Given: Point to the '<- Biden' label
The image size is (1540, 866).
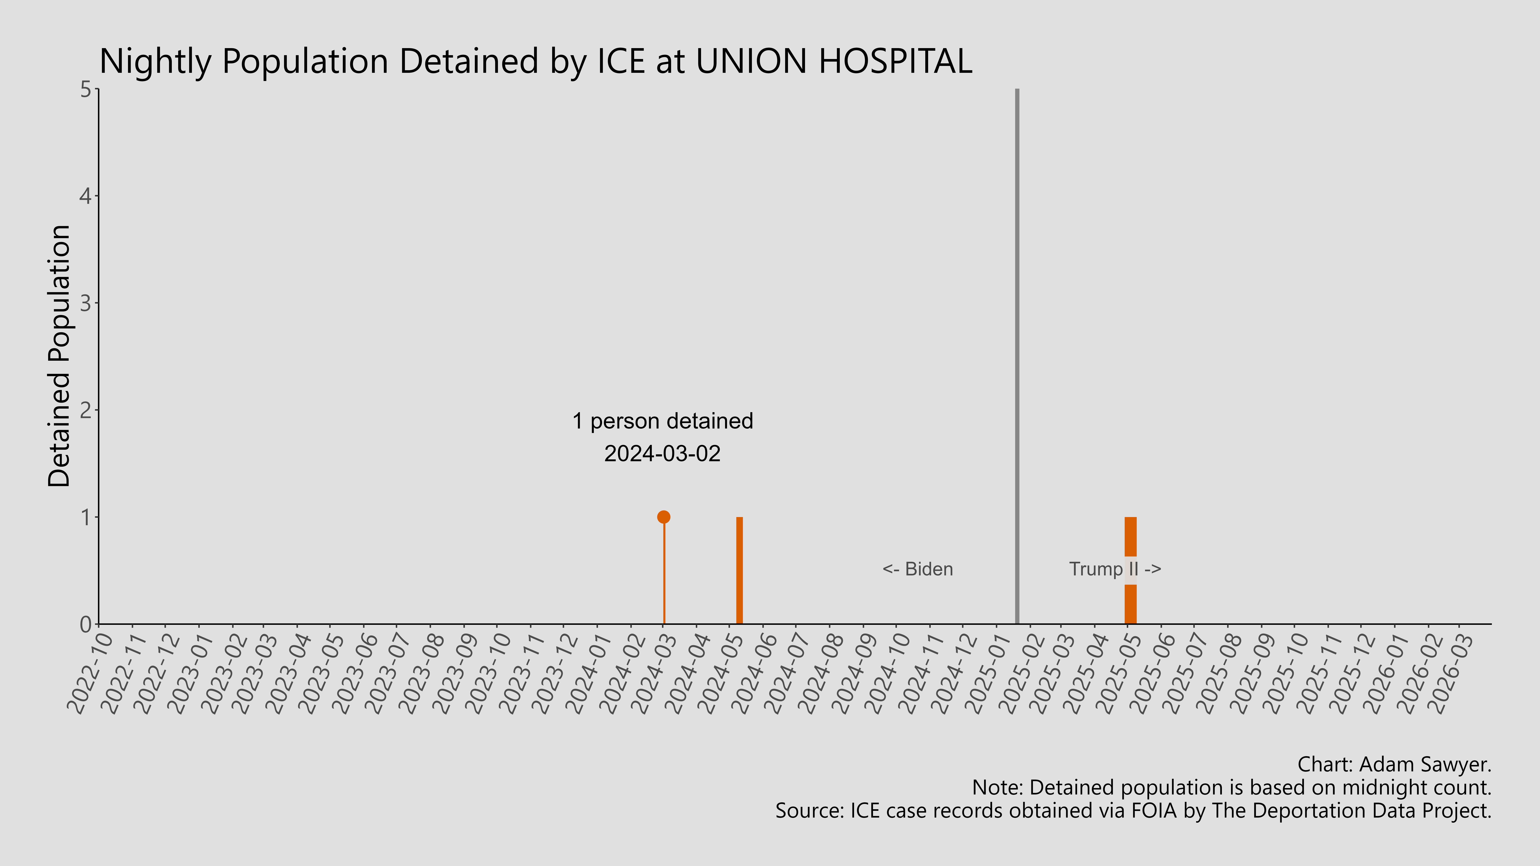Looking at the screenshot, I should [x=918, y=569].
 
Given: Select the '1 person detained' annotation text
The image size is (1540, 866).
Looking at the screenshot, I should [x=662, y=421].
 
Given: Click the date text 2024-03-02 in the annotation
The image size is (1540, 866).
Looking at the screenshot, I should [x=662, y=454].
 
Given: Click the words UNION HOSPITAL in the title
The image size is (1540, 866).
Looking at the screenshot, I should [x=834, y=61].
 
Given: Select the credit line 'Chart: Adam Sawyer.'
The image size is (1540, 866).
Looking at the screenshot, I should [x=1394, y=764].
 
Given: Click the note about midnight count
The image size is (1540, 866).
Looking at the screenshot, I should [x=1232, y=788].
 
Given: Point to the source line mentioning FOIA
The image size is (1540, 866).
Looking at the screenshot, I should [x=1133, y=811].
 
